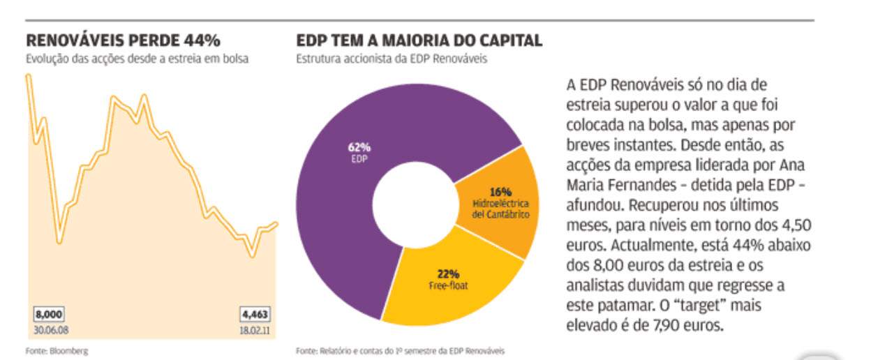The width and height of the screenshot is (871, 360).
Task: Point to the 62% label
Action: point(359,147)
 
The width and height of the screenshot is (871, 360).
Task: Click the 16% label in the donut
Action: point(500,191)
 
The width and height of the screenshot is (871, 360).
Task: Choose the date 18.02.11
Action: point(255,329)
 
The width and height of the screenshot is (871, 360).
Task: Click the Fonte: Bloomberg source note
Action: point(58,350)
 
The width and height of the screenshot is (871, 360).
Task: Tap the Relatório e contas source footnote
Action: point(399,350)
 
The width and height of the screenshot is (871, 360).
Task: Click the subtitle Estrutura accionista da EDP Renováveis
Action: point(392,59)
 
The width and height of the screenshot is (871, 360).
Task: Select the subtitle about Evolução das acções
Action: point(137,59)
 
